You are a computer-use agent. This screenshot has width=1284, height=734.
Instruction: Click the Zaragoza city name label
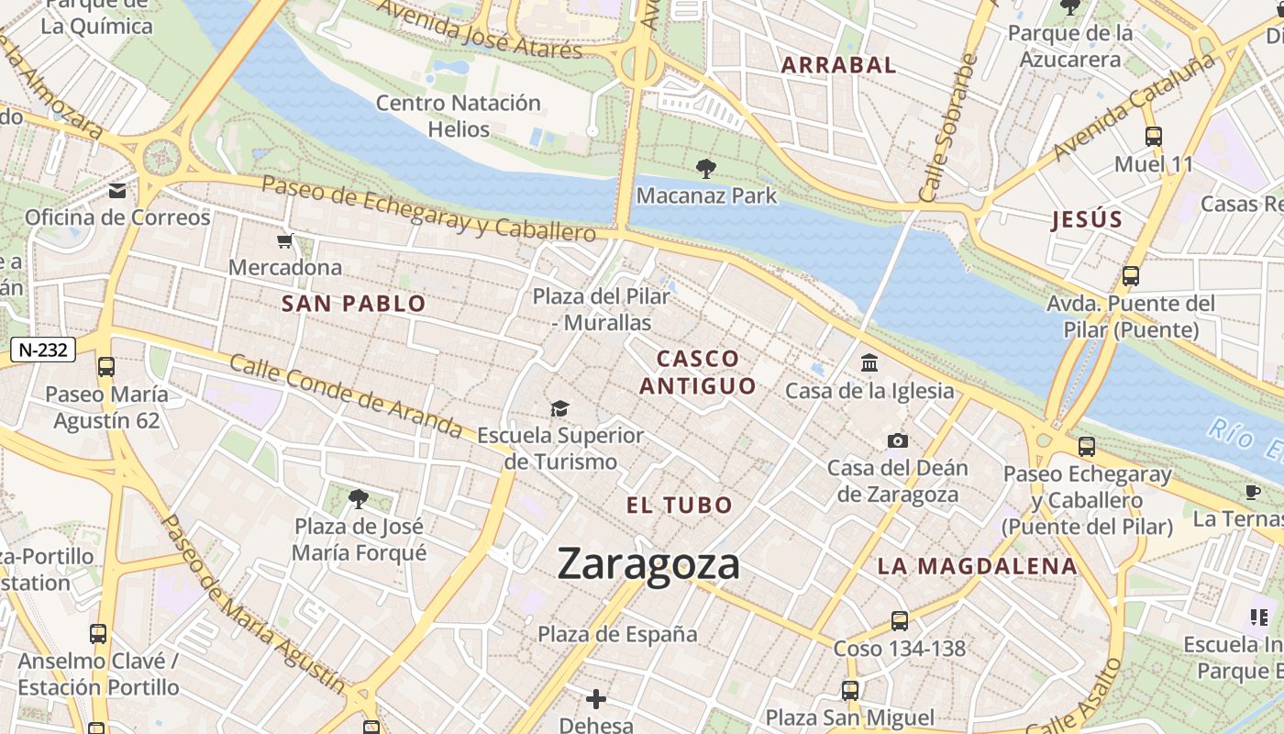pyautogui.click(x=648, y=563)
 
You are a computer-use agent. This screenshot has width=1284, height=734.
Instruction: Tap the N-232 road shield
pyautogui.click(x=43, y=349)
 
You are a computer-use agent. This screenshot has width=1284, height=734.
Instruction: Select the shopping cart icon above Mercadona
pyautogui.click(x=285, y=241)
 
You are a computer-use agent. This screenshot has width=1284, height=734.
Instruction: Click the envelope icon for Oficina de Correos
pyautogui.click(x=117, y=191)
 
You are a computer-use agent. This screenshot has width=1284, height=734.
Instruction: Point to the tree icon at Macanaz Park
pyautogui.click(x=705, y=168)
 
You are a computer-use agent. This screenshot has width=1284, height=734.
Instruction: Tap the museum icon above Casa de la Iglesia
pyautogui.click(x=869, y=363)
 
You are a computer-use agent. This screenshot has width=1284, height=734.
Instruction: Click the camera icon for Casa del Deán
pyautogui.click(x=898, y=441)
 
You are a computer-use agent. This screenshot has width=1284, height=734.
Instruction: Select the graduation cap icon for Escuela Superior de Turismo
pyautogui.click(x=559, y=408)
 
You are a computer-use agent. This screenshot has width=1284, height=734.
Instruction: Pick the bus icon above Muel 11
pyautogui.click(x=1154, y=137)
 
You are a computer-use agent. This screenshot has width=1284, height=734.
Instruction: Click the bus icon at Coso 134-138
pyautogui.click(x=900, y=621)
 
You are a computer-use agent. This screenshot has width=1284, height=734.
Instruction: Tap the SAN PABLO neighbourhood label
pyautogui.click(x=354, y=304)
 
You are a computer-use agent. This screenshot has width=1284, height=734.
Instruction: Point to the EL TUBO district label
pyautogui.click(x=680, y=505)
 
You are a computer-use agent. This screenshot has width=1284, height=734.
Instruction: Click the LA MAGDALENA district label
pyautogui.click(x=977, y=566)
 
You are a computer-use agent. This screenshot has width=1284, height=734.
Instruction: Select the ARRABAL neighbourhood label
pyautogui.click(x=838, y=65)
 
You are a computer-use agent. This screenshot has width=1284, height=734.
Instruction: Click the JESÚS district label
pyautogui.click(x=1087, y=219)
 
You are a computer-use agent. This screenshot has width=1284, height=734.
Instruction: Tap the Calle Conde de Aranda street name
pyautogui.click(x=346, y=395)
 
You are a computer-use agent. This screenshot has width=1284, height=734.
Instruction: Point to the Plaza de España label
pyautogui.click(x=617, y=634)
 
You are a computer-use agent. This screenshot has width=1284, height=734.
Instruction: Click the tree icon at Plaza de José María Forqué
pyautogui.click(x=359, y=499)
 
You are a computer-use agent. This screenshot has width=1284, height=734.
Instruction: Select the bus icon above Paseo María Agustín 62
pyautogui.click(x=106, y=367)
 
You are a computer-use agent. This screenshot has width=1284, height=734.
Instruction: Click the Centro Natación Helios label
pyautogui.click(x=459, y=116)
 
